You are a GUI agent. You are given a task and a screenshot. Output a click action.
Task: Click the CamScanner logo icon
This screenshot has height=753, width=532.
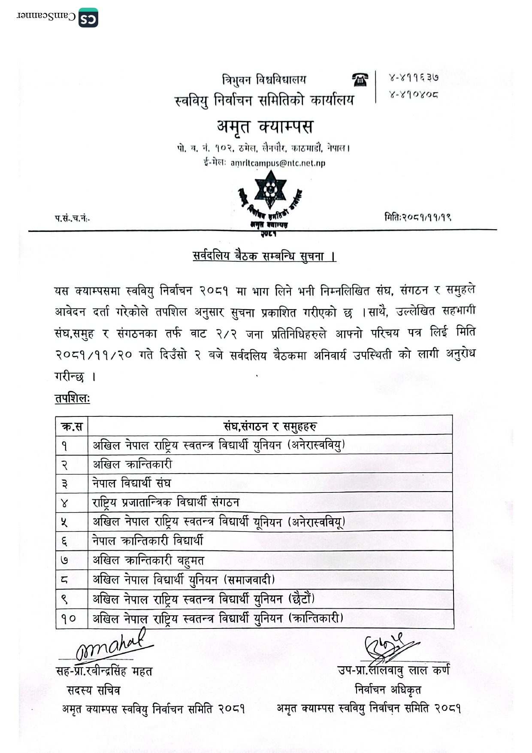(x=88, y=18)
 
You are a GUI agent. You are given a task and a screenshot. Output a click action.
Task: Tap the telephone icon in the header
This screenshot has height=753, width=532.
(x=360, y=79)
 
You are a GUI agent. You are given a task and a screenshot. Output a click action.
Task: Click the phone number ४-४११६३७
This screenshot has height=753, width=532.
(x=413, y=78)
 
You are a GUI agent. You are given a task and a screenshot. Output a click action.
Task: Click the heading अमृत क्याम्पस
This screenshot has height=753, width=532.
(x=265, y=127)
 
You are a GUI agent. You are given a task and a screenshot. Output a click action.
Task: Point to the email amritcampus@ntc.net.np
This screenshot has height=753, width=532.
(x=278, y=163)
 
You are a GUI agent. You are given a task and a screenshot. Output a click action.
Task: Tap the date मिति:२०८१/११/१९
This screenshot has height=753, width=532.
(x=417, y=217)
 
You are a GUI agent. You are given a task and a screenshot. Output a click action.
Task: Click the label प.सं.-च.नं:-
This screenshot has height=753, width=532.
(x=72, y=219)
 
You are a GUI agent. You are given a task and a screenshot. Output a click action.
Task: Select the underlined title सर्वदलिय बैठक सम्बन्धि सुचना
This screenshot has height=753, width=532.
(x=264, y=256)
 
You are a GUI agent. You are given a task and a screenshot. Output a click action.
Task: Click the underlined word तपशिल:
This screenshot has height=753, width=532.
(x=72, y=398)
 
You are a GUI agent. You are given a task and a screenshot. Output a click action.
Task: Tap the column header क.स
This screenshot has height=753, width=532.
(x=72, y=426)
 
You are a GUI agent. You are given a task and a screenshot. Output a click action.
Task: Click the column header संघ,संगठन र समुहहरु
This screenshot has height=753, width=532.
(x=270, y=426)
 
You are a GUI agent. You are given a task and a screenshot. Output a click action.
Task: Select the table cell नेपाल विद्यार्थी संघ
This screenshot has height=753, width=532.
(x=132, y=483)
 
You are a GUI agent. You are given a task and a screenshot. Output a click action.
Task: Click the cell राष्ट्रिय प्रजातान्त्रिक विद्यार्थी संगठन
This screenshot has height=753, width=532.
(x=166, y=502)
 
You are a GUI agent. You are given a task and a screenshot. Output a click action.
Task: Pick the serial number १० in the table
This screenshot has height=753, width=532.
(x=69, y=619)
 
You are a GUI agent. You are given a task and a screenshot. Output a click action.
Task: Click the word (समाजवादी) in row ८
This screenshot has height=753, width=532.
(x=249, y=580)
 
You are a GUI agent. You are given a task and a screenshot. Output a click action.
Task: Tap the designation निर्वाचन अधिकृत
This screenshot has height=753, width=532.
(x=388, y=690)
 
